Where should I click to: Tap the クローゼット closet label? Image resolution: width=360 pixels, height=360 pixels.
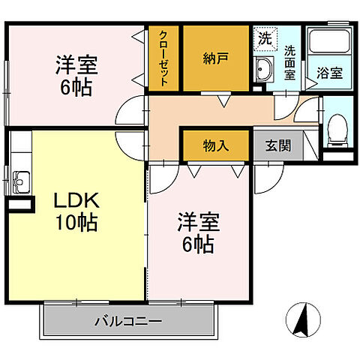163,59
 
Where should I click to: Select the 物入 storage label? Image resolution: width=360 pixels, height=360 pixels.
216,145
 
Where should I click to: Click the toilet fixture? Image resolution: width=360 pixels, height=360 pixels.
337,130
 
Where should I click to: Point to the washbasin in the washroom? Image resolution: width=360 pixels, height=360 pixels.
263,72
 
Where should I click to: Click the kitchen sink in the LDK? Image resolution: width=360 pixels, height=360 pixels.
21,180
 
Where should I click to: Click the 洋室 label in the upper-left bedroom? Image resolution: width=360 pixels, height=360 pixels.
75,64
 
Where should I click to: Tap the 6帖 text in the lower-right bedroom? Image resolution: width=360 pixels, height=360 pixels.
198,244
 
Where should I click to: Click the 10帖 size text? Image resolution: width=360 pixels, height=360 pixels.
75,223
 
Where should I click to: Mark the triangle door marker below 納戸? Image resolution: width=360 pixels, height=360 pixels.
223,99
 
